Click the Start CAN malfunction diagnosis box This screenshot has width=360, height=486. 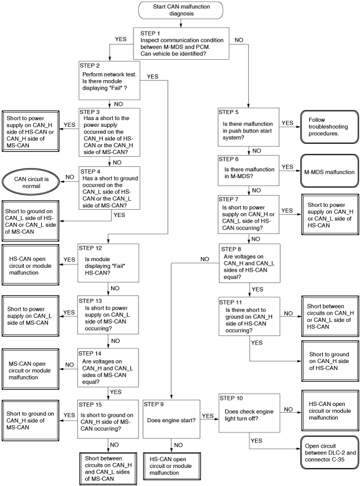click(x=181, y=10)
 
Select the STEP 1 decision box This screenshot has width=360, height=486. click(x=181, y=43)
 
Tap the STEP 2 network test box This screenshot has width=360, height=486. click(x=109, y=81)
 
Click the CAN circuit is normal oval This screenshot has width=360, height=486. click(x=31, y=183)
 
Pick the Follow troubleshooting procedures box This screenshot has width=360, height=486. click(x=330, y=127)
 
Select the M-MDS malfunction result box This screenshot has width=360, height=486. click(x=330, y=171)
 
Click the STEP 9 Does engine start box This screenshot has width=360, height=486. click(x=172, y=419)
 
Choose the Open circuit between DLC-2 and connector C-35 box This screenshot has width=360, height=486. click(x=330, y=453)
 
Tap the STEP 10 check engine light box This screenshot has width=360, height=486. click(x=250, y=413)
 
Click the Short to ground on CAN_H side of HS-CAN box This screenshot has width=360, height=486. click(x=330, y=361)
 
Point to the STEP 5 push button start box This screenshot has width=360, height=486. click(x=248, y=127)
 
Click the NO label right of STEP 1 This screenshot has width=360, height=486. click(x=239, y=40)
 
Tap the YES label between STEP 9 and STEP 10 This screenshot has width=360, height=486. click(x=207, y=416)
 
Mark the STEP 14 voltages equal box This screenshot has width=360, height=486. click(x=108, y=368)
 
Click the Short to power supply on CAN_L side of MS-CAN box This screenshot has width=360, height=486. click(x=30, y=316)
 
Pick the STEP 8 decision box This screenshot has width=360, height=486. click(x=250, y=263)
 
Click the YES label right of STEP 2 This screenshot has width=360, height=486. click(x=153, y=77)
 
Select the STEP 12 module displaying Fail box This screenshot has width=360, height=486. click(x=108, y=263)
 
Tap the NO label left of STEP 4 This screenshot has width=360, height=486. click(x=70, y=177)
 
